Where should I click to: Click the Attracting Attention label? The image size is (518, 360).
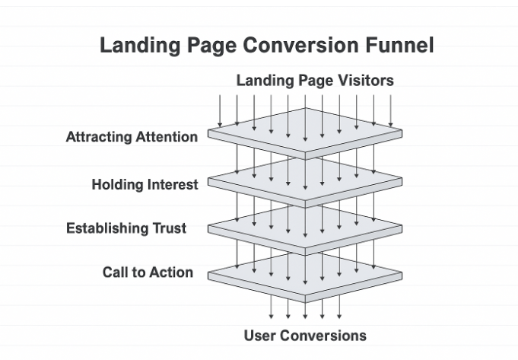coord(132,138)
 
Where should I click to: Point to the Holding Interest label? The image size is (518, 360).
coord(145,184)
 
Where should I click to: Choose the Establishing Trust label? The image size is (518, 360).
coord(126,228)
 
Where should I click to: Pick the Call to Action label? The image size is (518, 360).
coord(148,272)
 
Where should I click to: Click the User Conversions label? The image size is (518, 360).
coord(304,336)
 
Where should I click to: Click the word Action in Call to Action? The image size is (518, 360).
coord(172,272)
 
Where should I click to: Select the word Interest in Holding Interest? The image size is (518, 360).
coord(171,184)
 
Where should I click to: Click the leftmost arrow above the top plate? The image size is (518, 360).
coord(219,110)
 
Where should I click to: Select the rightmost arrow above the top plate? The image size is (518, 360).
coord(390,110)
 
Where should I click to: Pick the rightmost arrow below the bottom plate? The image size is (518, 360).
coord(338,308)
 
